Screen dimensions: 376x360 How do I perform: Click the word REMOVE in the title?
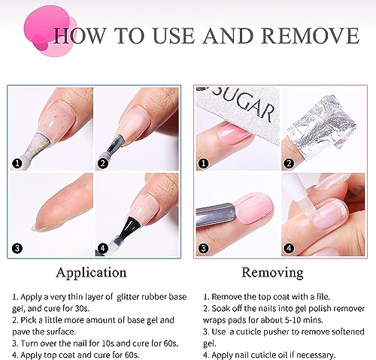[310, 35]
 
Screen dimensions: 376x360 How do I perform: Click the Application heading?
[91, 273]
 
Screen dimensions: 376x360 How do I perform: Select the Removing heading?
[272, 273]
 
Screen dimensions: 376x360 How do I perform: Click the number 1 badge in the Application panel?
[17, 164]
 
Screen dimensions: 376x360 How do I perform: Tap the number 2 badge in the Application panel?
[102, 164]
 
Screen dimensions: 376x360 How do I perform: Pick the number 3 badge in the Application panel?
[17, 248]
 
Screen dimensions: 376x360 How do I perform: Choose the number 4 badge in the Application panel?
[103, 248]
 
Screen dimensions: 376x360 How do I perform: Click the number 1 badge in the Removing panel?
[203, 164]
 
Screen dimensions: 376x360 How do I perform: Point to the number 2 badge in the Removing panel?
[289, 164]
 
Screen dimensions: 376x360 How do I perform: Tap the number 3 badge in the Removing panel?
[203, 248]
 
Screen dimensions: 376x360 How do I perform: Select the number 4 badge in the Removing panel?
[289, 248]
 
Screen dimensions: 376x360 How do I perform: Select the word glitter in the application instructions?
[128, 297]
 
